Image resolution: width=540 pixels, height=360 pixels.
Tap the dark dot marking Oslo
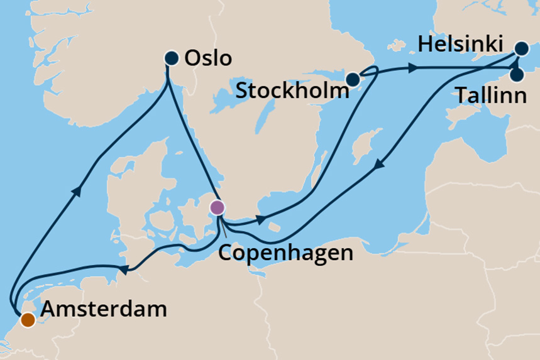171,58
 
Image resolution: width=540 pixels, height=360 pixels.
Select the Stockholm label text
292,91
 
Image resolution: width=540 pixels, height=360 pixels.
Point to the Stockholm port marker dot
353,79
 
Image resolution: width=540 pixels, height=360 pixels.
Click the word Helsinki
460,45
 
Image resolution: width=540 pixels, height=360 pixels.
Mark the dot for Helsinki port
521,48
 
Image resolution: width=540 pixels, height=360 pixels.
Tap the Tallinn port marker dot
517,75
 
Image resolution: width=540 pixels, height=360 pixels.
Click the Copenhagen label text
285,254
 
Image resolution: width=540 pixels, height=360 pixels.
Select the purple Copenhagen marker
218,207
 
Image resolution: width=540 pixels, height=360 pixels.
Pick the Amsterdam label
104,309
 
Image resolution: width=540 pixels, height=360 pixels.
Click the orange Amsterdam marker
28,320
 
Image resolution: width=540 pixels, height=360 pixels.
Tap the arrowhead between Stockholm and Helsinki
413,67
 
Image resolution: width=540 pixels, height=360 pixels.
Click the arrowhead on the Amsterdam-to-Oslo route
77,190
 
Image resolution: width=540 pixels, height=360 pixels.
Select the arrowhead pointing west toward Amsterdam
124,270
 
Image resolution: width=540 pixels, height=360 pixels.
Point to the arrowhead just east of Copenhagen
260,220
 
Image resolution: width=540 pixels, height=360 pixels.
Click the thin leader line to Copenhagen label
222,232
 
